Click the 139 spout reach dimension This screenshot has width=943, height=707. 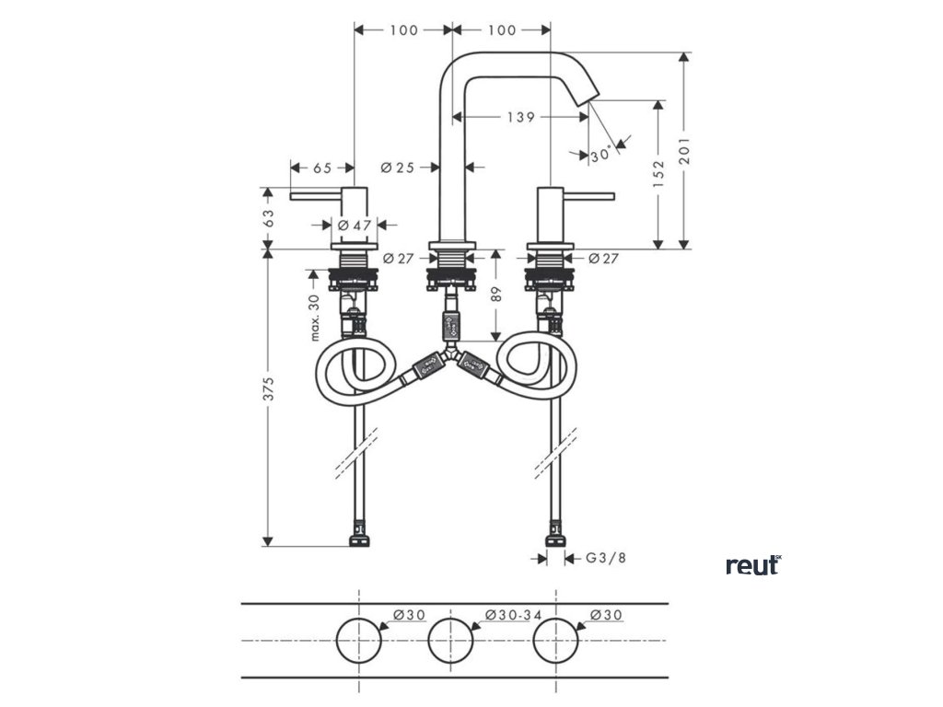(521, 117)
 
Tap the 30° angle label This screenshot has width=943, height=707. (601, 156)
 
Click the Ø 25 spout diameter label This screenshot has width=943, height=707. (397, 168)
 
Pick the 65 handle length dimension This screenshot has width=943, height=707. (322, 168)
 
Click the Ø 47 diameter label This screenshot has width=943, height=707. (355, 225)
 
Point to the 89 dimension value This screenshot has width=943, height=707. (496, 296)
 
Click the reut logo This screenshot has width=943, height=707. (752, 565)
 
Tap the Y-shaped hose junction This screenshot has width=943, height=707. (449, 353)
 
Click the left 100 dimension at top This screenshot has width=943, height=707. (403, 30)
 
